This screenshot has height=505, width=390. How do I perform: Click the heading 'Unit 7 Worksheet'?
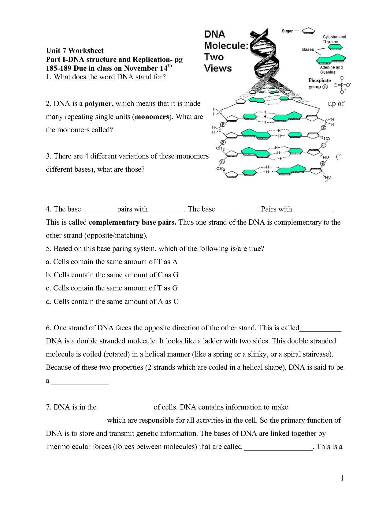coord(75,50)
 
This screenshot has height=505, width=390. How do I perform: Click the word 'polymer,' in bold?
coord(99,103)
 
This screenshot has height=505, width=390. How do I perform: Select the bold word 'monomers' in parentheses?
coord(152,117)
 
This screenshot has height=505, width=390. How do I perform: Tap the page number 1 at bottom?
coord(342,478)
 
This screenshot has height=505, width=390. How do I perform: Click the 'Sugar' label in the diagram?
coord(287,31)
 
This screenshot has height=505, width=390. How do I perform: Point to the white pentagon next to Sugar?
coord(308,31)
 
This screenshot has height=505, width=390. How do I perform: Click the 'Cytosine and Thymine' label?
coord(334,39)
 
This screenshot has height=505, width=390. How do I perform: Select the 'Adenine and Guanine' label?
coord(331,70)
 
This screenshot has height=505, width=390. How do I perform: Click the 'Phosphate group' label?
coord(319,84)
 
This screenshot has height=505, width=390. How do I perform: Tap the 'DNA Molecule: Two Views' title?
coord(223,51)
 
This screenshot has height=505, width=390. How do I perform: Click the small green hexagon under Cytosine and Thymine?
coord(335,47)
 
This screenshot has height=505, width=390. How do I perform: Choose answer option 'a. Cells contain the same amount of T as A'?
coord(112,262)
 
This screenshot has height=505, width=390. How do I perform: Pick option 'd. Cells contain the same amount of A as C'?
coord(112,301)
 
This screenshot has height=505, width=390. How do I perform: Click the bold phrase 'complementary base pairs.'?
coord(132,222)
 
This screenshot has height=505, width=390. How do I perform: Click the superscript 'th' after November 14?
coord(169,65)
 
